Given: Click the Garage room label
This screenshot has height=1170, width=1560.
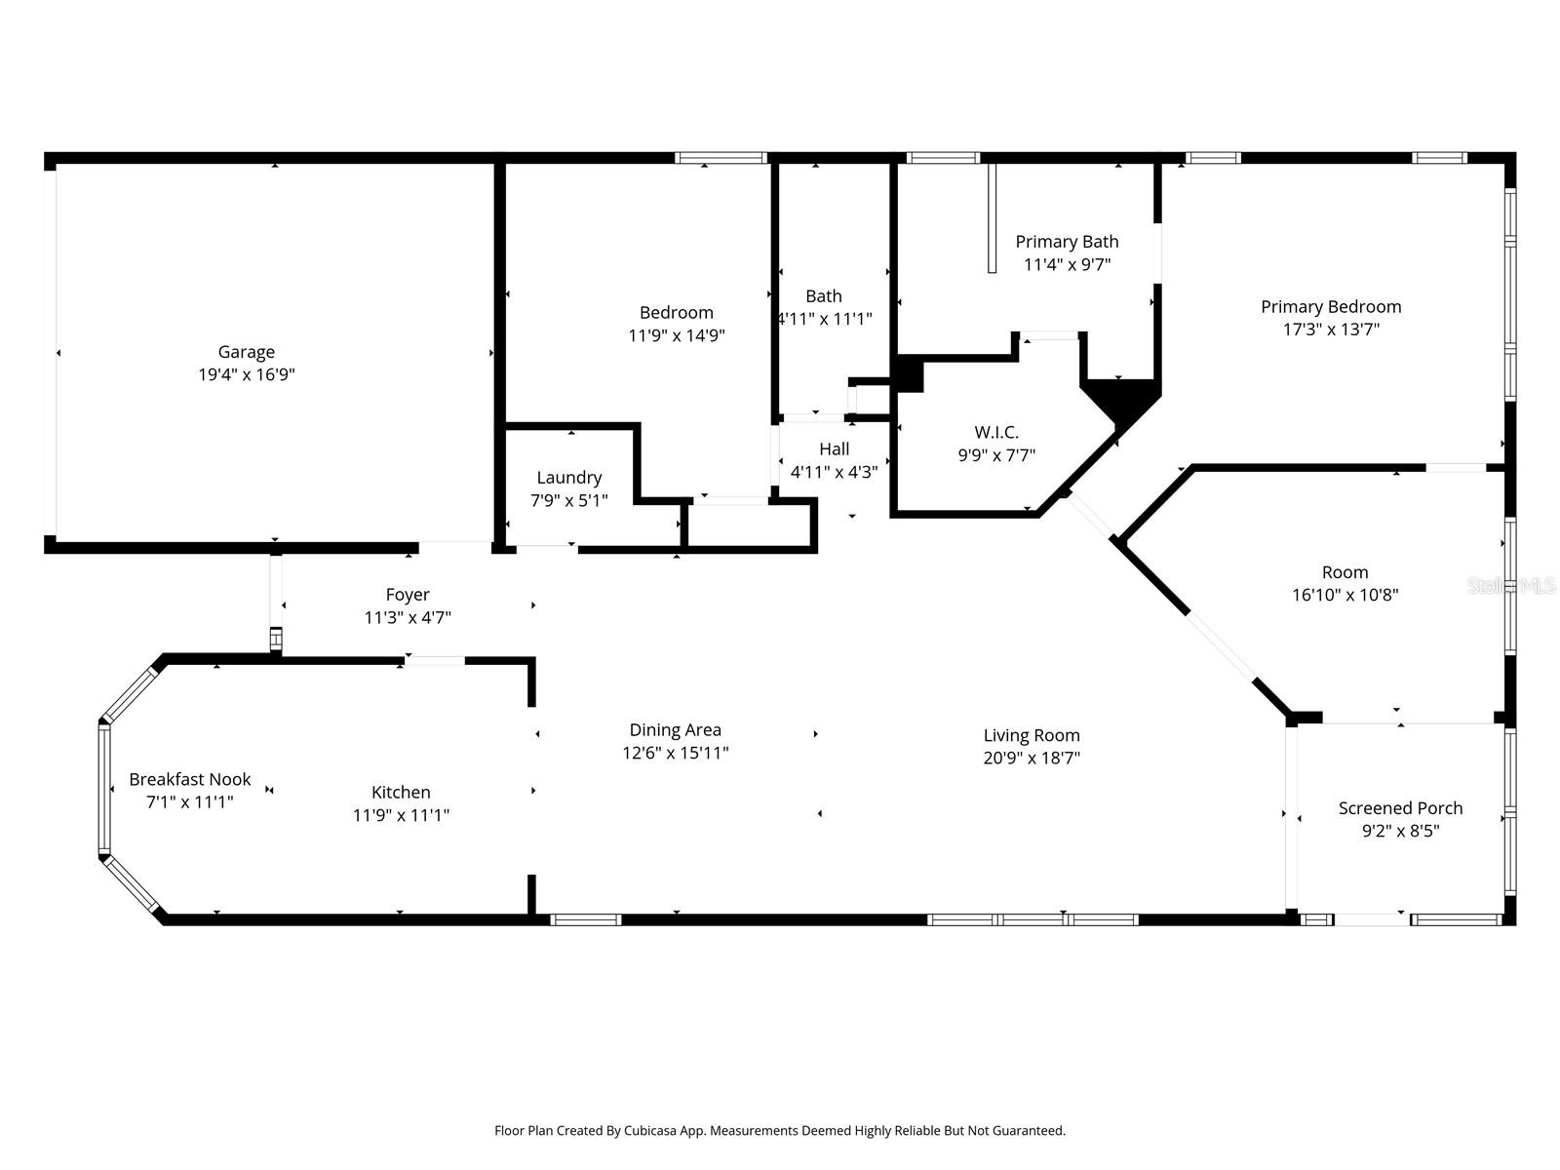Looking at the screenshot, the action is tap(246, 352).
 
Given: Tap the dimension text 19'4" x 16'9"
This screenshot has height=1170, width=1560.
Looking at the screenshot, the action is tap(246, 374).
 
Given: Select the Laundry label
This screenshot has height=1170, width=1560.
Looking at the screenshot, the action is tap(568, 478).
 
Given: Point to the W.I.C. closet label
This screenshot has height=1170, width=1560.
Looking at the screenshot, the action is tap(996, 432).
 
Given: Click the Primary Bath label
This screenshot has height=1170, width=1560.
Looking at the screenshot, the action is tap(1067, 242).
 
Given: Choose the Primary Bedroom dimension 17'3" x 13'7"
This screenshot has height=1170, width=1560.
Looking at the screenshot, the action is tap(1331, 329).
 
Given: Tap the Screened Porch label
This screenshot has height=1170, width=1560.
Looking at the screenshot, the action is tap(1400, 807).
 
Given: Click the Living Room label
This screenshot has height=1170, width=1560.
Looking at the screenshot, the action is tap(1032, 736).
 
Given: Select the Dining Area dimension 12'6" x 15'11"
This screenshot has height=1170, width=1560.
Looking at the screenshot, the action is tap(675, 753).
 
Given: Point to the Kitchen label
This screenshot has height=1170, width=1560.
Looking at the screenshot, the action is tap(401, 792).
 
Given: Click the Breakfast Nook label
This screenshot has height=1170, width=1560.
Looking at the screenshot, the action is tap(190, 779).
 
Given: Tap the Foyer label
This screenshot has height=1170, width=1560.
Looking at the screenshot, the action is tap(408, 596).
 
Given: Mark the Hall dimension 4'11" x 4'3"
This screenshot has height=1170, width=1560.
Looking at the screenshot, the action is tap(834, 472).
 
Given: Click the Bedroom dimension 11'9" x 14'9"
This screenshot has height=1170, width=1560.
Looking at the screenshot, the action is tap(676, 334).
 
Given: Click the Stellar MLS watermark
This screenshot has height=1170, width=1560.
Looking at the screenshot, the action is tap(1511, 586).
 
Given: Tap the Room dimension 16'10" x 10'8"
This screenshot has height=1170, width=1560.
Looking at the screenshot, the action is tap(1345, 595).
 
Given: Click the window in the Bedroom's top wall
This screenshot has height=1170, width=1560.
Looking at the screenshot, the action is tap(721, 158).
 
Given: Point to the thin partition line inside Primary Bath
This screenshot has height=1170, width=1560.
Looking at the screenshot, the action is tap(992, 218).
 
